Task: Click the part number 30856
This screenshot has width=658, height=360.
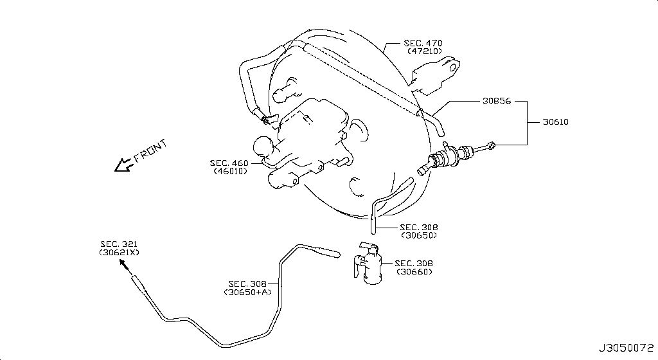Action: coord(497,101)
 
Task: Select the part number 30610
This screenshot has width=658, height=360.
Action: coord(556,122)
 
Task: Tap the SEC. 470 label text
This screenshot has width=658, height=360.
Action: coord(423,43)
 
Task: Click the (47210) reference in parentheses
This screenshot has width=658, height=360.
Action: coord(425,51)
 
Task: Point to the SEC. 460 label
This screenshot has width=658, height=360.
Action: coord(229,163)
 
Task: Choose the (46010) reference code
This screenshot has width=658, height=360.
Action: coord(231,171)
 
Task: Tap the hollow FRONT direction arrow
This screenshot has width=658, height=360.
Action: coord(124,165)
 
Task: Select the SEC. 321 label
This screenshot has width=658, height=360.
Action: coord(119,244)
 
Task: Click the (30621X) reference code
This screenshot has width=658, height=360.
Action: coord(119,253)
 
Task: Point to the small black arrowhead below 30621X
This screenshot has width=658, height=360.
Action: coord(124,264)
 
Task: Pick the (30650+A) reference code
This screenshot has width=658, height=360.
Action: coord(247,292)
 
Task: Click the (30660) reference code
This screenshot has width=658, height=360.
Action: coord(414,271)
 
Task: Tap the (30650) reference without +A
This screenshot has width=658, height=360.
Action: coord(419,235)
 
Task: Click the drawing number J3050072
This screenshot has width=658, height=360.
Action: coord(626,348)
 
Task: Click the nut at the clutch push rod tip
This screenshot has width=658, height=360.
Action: coord(492,145)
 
